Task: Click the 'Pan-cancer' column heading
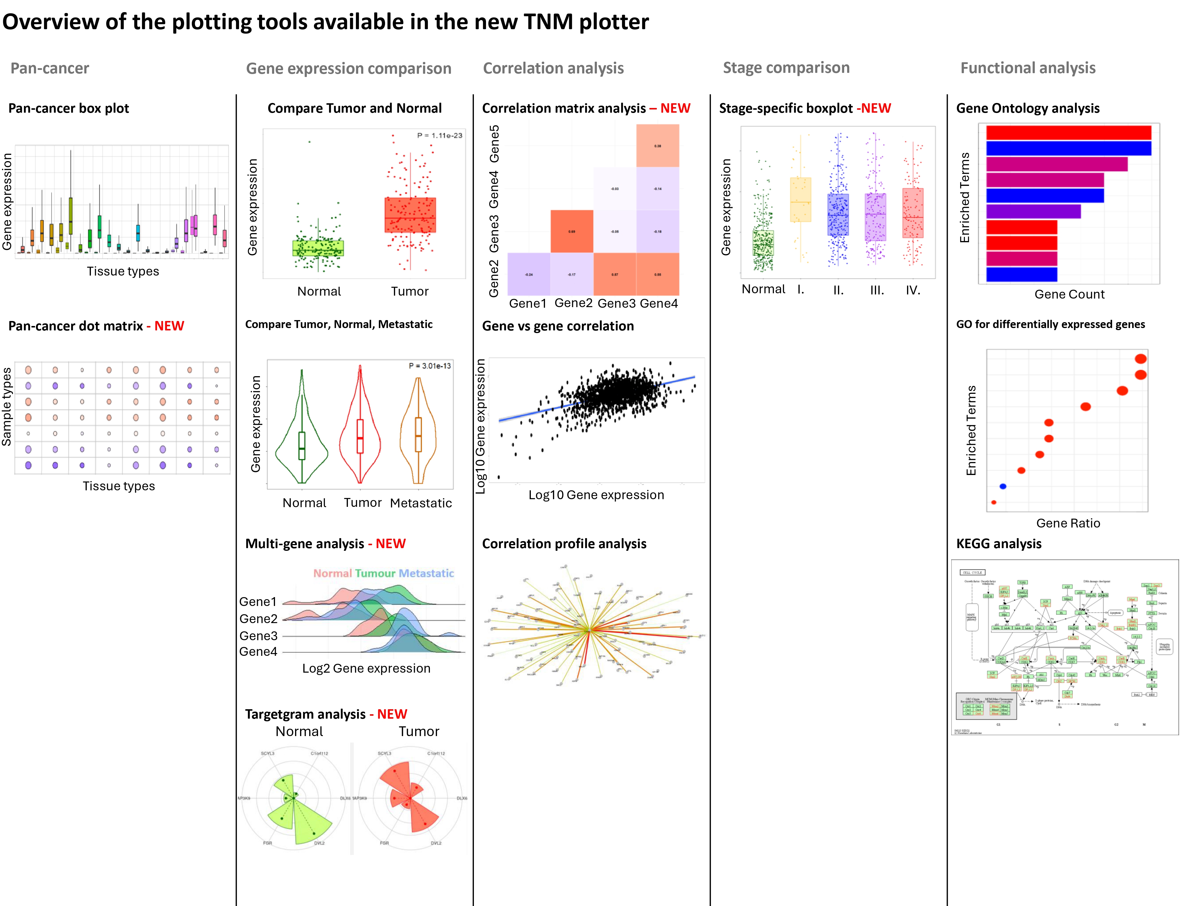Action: coord(50,68)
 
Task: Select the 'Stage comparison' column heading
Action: coord(786,68)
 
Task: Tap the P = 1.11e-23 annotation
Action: coord(440,135)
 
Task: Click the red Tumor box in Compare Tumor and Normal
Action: coord(410,215)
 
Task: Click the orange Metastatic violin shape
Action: coord(418,431)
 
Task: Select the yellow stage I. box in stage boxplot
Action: coord(801,199)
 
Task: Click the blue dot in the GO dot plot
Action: coord(1003,486)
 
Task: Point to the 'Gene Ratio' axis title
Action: coord(1068,523)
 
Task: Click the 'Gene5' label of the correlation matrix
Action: coord(494,143)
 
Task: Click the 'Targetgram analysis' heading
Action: coord(305,715)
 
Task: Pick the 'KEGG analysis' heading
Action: coord(999,544)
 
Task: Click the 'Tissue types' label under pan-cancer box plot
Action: coord(123,271)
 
